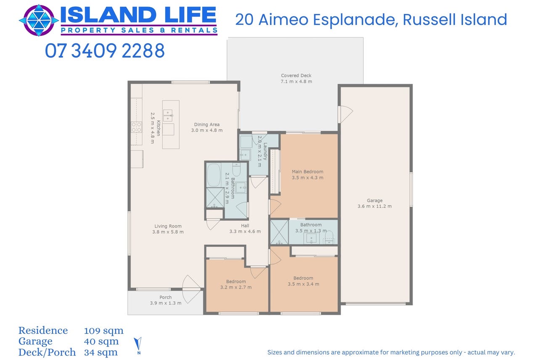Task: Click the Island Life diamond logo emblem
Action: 39,21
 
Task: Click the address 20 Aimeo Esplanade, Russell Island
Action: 371,20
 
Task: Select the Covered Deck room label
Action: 296,75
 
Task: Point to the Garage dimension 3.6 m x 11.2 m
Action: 374,206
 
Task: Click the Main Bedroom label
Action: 307,172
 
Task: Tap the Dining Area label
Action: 207,124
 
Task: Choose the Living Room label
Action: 168,226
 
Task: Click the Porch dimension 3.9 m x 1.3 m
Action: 166,303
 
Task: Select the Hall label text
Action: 245,226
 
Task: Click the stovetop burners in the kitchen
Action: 136,127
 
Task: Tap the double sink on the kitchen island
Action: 168,116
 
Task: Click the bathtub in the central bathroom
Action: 214,175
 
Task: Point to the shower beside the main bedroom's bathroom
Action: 279,232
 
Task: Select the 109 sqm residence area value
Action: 103,331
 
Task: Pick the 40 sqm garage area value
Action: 101,341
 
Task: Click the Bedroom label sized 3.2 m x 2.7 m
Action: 236,282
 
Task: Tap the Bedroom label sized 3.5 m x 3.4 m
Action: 303,278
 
